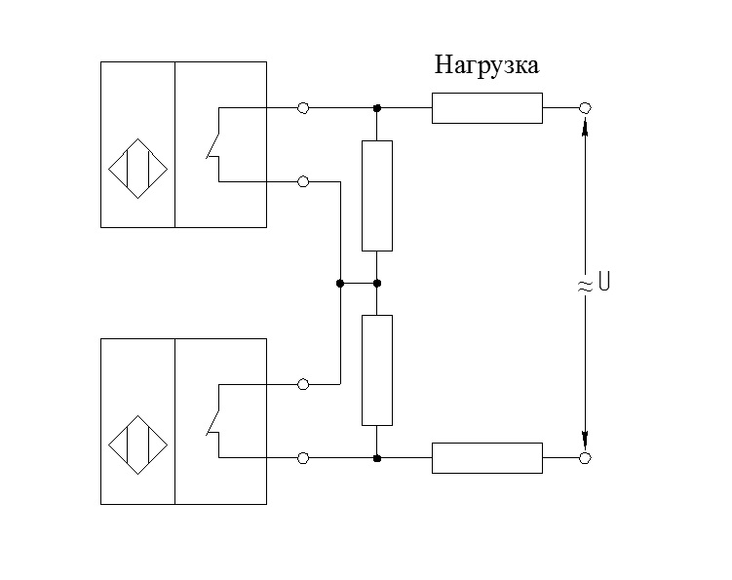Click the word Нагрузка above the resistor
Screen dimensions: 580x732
[486, 66]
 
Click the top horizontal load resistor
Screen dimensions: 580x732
[486, 108]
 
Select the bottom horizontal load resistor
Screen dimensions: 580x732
[486, 457]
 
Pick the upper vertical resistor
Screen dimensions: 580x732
[377, 196]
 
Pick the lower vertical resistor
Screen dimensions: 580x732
[377, 370]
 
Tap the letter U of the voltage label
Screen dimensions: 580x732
[604, 285]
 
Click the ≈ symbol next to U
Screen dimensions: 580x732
[585, 286]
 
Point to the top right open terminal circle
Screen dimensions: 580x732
[585, 107]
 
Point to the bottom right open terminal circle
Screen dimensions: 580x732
[585, 457]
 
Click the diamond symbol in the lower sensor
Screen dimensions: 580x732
[137, 445]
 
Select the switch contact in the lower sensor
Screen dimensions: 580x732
[214, 421]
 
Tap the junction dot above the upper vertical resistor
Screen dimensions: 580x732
[377, 107]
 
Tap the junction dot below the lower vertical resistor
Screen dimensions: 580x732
[377, 457]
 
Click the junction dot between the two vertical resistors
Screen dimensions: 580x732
[377, 284]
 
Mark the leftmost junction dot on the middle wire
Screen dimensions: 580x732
[339, 284]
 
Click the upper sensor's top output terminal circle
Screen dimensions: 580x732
[303, 107]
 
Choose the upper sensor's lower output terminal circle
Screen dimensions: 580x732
[303, 181]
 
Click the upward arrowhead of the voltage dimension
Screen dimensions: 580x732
[585, 128]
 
